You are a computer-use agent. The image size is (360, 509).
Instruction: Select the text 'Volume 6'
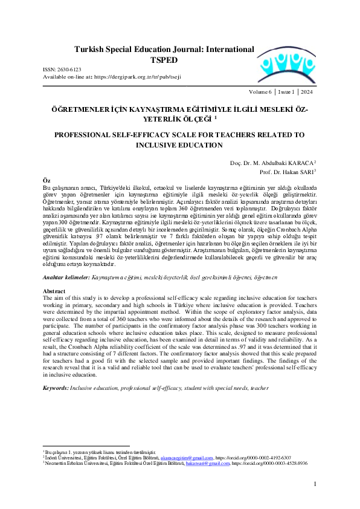[261, 92]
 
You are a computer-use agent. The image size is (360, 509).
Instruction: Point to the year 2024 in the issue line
[306, 92]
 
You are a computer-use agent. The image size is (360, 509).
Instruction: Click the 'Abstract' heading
[54, 291]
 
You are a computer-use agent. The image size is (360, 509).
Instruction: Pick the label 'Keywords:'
[56, 387]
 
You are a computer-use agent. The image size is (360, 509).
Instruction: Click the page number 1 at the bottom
[315, 484]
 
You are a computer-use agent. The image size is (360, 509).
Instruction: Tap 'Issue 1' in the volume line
[285, 92]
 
